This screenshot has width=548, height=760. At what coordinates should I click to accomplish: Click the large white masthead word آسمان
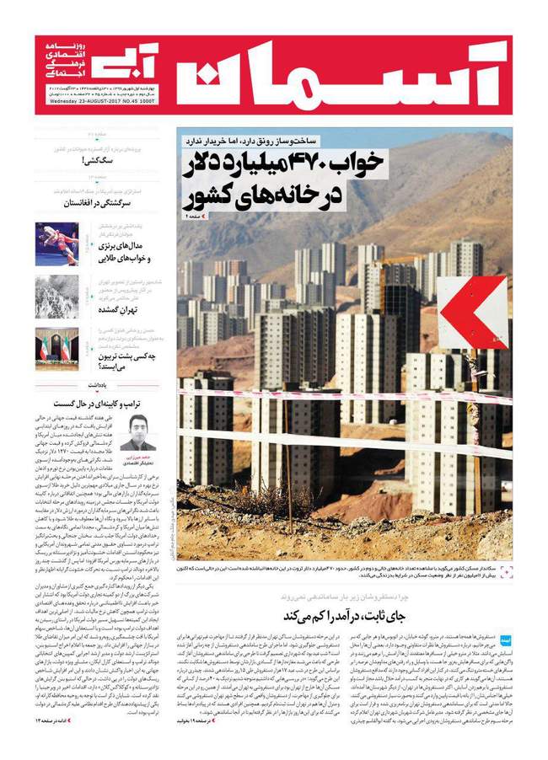[346, 75]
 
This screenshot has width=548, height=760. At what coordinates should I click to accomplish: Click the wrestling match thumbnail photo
[56, 244]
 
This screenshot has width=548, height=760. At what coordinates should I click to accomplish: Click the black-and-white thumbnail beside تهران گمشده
[56, 297]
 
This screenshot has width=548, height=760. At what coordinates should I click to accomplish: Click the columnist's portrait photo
[138, 431]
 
